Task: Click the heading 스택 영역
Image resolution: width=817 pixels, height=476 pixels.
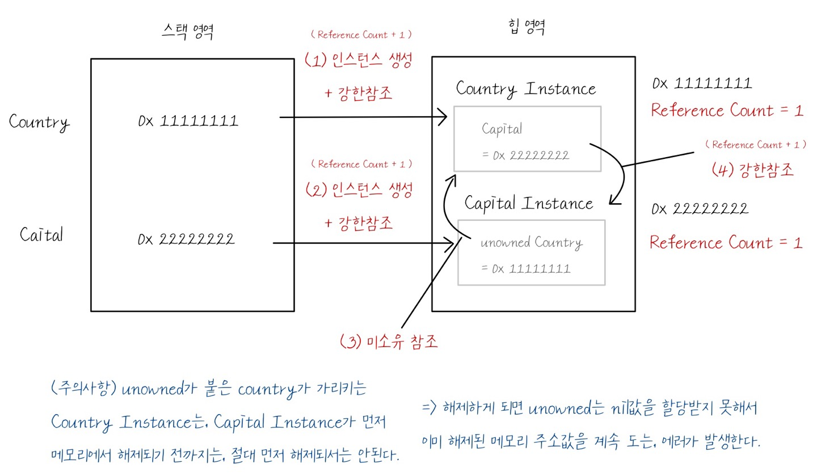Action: [187, 33]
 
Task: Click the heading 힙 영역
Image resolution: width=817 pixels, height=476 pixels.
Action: [527, 27]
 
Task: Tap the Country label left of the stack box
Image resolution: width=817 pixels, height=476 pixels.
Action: [39, 122]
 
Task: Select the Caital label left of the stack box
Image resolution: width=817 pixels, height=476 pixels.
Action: [41, 235]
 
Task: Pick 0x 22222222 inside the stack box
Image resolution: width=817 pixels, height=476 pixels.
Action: [186, 239]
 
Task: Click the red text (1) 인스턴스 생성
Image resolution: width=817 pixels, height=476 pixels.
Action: [357, 61]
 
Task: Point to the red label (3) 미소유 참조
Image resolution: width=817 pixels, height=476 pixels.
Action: [389, 342]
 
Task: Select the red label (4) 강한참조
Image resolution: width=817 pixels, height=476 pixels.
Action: [753, 170]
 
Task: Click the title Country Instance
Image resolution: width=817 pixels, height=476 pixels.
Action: [526, 89]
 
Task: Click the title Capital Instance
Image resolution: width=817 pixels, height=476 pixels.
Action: [528, 203]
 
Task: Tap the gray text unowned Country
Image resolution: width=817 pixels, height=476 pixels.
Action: [531, 243]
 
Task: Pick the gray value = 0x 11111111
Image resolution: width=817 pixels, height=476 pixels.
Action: [525, 268]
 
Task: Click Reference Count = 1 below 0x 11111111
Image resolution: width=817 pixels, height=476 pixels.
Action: [727, 110]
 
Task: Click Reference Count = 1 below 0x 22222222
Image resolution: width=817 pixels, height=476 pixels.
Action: [726, 243]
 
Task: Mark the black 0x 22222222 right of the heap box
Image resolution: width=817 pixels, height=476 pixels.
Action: [700, 209]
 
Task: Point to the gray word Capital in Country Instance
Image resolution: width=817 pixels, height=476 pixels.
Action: [502, 129]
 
